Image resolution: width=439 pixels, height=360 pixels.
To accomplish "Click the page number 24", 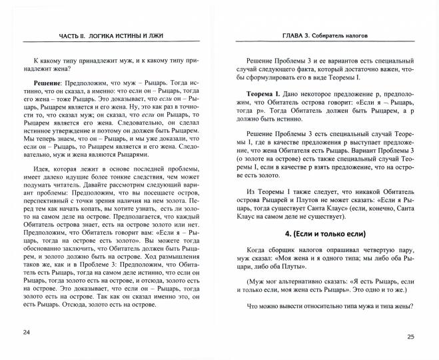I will point(26,332).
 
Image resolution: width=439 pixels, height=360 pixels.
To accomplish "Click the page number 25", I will point(411,336).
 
